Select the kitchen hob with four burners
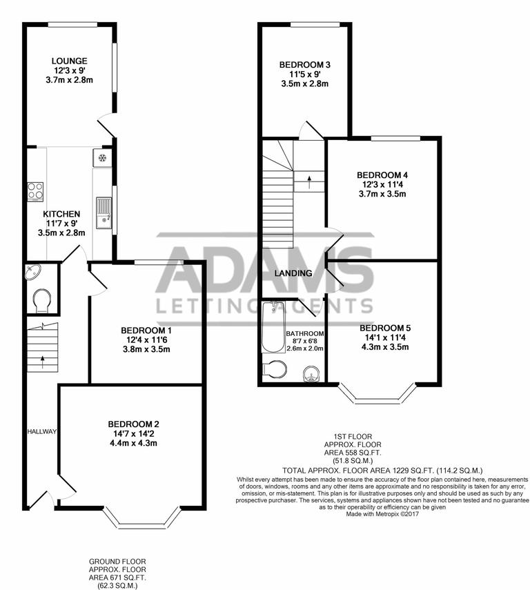tap(35, 190)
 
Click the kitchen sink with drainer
tap(104, 211)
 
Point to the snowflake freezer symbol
tap(101, 158)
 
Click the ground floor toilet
tap(41, 299)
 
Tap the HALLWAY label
tap(41, 431)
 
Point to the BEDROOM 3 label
tap(304, 65)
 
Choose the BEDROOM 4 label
tap(382, 175)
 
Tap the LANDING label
tap(293, 273)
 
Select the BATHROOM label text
tap(305, 333)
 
